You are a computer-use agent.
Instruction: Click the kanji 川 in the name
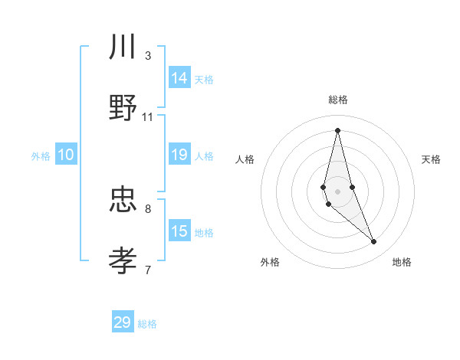tap(123, 47)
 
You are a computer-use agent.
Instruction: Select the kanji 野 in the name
tap(123, 108)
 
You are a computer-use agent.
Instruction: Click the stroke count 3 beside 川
tap(148, 56)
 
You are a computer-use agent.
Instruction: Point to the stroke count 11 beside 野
tap(148, 117)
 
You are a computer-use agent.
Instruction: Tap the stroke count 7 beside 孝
tap(148, 270)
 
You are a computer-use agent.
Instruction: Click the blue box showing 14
tap(179, 78)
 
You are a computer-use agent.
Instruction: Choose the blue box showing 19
tap(179, 155)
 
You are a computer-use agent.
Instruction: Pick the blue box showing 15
tap(179, 231)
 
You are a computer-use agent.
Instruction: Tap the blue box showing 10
tap(65, 155)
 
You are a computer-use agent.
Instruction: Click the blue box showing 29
tap(123, 322)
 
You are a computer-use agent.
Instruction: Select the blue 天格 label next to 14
tap(204, 80)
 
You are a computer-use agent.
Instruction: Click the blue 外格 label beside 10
tap(41, 156)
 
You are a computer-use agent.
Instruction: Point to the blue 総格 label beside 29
tap(147, 324)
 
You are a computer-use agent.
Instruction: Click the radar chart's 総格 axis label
tap(338, 100)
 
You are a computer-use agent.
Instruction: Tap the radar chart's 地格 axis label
tap(402, 263)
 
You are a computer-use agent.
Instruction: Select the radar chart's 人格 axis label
tap(245, 159)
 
